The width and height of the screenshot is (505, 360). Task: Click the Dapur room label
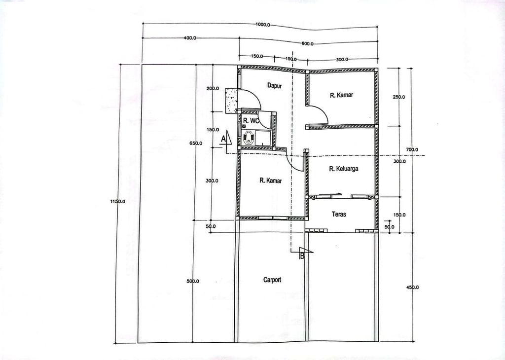click(x=274, y=86)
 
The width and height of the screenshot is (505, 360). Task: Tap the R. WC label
click(x=251, y=121)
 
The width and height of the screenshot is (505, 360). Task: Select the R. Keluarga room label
click(x=343, y=168)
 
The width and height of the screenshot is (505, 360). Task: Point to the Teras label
click(x=339, y=214)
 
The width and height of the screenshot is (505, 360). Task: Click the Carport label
click(x=272, y=280)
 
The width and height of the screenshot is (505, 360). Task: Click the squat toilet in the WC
click(x=249, y=138)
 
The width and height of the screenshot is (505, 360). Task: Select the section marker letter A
click(x=223, y=139)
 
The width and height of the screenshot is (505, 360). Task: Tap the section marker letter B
click(x=302, y=255)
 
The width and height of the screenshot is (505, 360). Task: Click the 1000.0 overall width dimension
click(x=263, y=25)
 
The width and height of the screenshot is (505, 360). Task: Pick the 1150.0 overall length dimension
click(x=118, y=202)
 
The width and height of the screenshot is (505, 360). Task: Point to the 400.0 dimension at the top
click(x=190, y=38)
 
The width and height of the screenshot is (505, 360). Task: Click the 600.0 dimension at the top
click(x=307, y=44)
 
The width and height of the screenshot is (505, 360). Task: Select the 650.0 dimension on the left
click(x=196, y=144)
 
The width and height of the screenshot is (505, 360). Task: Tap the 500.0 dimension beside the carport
click(x=193, y=281)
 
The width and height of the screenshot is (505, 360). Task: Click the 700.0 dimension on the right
click(x=412, y=149)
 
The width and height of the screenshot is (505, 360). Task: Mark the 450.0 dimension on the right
click(x=413, y=287)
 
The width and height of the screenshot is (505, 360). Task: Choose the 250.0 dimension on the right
click(x=399, y=97)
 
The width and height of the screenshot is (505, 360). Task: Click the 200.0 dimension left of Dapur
click(x=213, y=88)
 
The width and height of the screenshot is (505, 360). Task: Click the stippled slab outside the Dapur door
click(x=231, y=101)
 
